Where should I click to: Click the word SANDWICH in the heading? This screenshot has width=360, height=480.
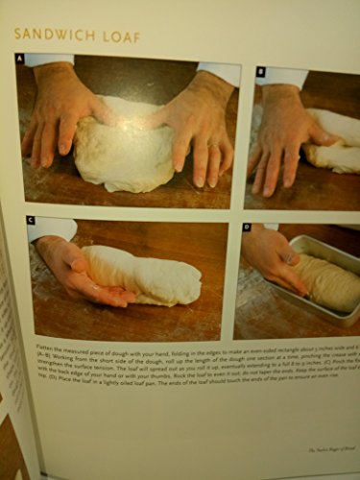60,36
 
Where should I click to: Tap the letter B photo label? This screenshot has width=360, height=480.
260,71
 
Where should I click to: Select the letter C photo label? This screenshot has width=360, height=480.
32,220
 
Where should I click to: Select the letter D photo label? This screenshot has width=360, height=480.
247,228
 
